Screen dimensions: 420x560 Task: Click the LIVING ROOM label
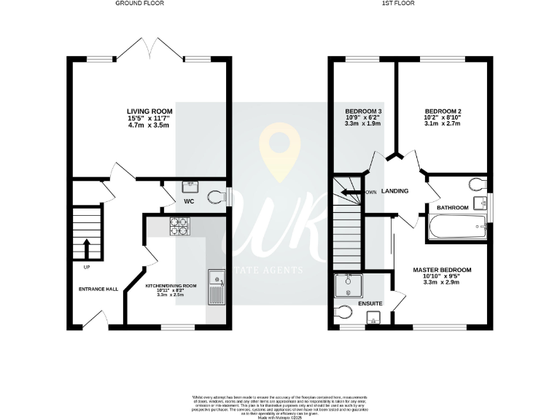[149, 112]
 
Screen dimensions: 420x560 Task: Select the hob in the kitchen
[179, 227]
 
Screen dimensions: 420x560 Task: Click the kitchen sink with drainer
[216, 287]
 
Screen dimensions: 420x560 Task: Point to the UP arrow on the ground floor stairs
[87, 249]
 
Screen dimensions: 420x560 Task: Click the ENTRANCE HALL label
[98, 289]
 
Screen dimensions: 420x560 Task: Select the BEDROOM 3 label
[362, 112]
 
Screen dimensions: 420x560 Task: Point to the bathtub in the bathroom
[459, 227]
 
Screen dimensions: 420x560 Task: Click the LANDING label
[394, 191]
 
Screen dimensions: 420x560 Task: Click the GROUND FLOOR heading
[140, 4]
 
